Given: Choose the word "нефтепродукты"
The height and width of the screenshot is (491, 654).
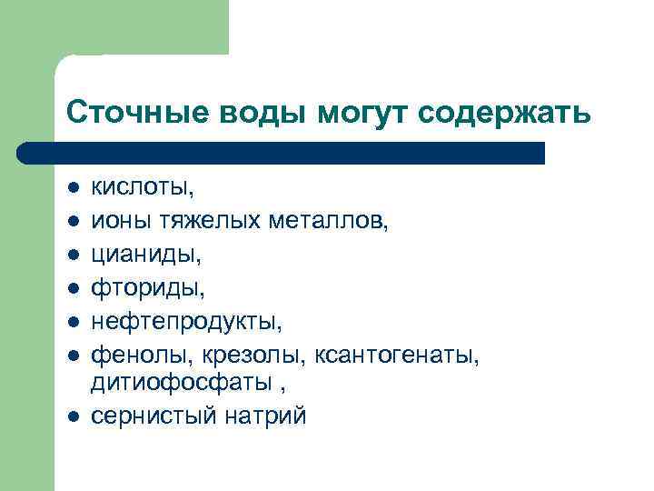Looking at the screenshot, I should [x=185, y=319].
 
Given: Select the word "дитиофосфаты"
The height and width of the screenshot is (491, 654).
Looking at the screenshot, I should [x=182, y=383].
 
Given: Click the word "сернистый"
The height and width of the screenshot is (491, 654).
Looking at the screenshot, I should [x=154, y=416].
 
